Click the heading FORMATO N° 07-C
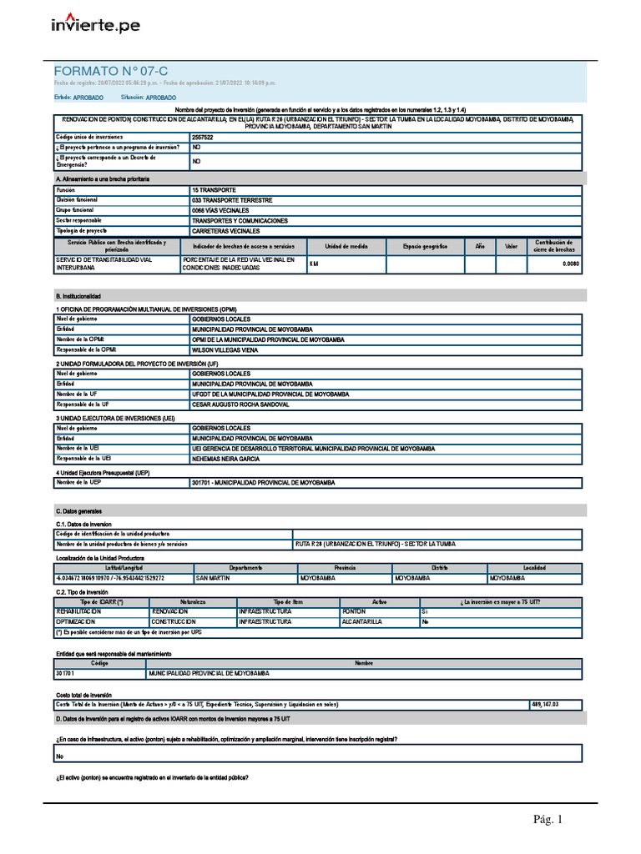pos(111,72)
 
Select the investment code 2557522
pos(202,136)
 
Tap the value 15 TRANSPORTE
pos(215,190)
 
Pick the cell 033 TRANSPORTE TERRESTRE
pos(230,200)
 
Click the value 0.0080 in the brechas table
pos(570,264)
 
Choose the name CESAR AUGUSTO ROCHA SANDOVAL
pos(241,404)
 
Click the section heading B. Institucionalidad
pos(78,296)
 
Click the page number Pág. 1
pos(548,820)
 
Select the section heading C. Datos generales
pos(79,510)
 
